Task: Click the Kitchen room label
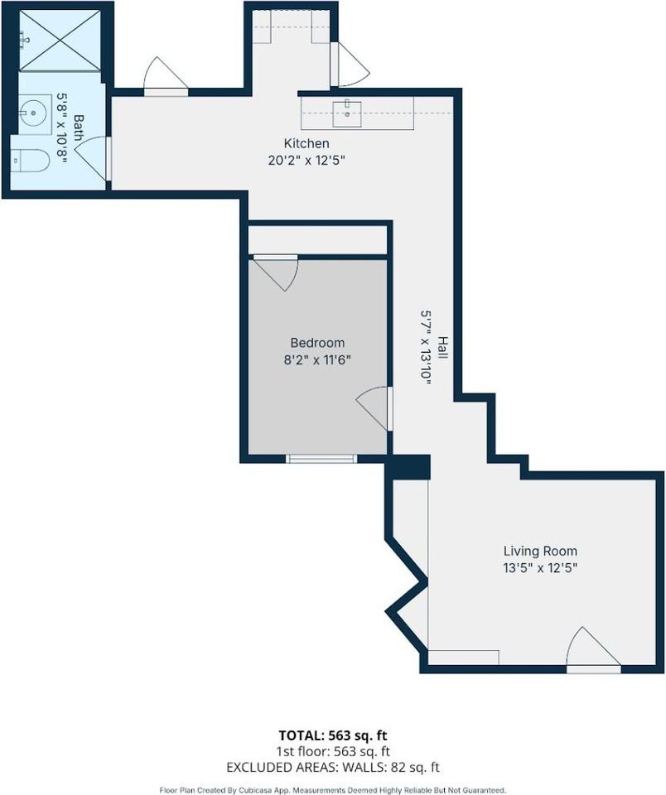click(306, 143)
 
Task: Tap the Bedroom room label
click(317, 343)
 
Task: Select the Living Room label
click(540, 552)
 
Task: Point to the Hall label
click(443, 348)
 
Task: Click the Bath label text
click(80, 128)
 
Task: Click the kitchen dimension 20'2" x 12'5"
click(306, 161)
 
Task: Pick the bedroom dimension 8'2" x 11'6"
click(317, 360)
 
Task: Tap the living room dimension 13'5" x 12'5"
click(540, 568)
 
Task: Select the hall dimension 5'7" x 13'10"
click(426, 348)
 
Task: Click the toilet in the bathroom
click(30, 161)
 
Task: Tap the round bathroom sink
click(35, 113)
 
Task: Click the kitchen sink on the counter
click(347, 113)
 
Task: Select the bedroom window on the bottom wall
click(321, 459)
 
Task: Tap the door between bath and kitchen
click(94, 158)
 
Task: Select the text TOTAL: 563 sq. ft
click(333, 735)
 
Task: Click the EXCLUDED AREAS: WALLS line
click(333, 767)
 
